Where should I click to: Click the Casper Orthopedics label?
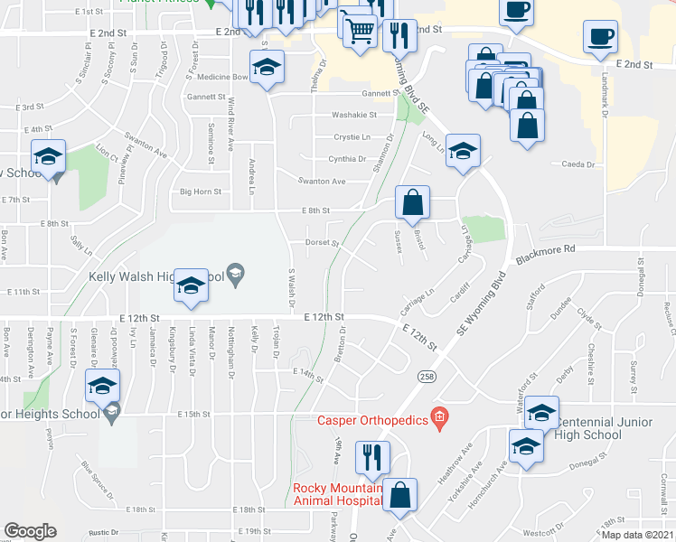point(371,419)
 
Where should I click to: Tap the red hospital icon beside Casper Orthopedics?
point(439,417)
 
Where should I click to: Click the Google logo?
point(30,531)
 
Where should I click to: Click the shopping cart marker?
point(361,32)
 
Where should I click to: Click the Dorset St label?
point(321,242)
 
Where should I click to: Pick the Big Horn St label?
point(200,192)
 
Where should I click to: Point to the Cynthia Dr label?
point(347,159)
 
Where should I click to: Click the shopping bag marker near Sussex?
point(412,203)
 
